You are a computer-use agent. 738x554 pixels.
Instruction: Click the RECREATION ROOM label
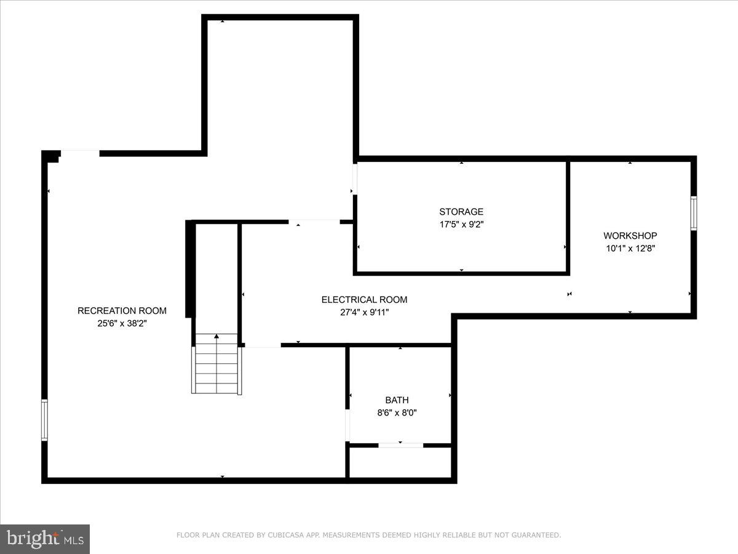click(122, 311)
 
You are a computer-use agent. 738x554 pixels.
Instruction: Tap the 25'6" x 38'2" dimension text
click(122, 323)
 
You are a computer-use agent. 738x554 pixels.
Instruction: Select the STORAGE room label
click(461, 212)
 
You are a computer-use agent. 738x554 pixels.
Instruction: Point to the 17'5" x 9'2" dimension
click(461, 225)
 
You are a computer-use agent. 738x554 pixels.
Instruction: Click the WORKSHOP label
click(630, 236)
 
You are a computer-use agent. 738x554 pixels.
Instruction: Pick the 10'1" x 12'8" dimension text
click(630, 249)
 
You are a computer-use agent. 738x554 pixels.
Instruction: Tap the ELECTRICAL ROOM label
click(364, 300)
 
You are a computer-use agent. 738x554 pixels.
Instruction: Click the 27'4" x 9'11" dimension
click(364, 312)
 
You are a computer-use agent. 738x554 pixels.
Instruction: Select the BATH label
click(397, 400)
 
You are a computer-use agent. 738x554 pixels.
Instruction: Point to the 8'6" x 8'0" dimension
click(397, 413)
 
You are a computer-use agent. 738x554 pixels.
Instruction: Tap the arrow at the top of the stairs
click(216, 336)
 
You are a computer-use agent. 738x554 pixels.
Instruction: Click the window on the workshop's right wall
click(694, 213)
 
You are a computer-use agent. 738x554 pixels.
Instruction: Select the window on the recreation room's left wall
click(44, 420)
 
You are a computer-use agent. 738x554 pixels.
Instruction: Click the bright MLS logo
click(45, 539)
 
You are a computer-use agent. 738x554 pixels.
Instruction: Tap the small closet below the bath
click(400, 462)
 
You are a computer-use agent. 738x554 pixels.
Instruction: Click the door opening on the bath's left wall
click(347, 425)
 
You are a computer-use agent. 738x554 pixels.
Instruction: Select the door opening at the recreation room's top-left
click(80, 153)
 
